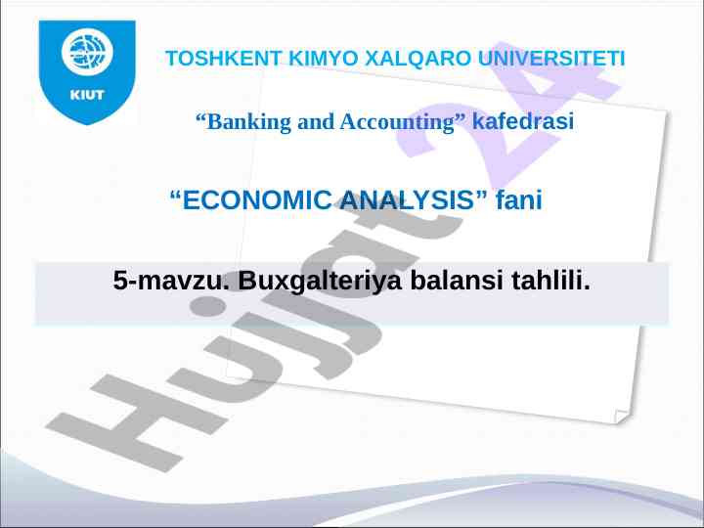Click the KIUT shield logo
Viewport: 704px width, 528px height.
(87, 71)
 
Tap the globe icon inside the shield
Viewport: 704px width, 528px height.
(87, 51)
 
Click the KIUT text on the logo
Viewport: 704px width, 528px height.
(87, 95)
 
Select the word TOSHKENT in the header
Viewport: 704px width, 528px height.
(223, 59)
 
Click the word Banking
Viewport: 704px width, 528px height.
(243, 121)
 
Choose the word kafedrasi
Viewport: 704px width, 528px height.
(522, 121)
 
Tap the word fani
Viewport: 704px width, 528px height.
(518, 199)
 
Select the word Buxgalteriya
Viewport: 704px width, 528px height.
(319, 281)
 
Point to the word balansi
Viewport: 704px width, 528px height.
(457, 281)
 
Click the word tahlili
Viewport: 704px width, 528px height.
(550, 281)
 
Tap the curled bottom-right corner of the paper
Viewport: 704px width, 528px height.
(622, 417)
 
